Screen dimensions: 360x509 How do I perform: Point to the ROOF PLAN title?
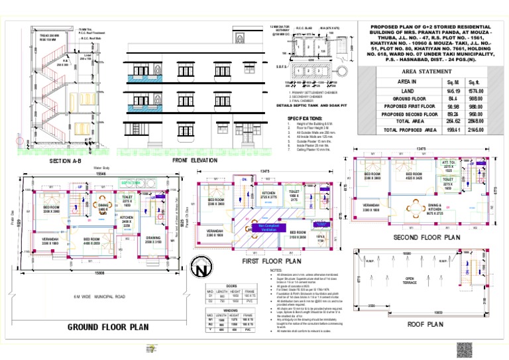(x=425, y=325)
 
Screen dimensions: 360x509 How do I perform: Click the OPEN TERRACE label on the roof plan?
(x=410, y=280)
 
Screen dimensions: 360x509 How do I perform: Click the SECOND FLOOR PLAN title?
(x=427, y=237)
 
